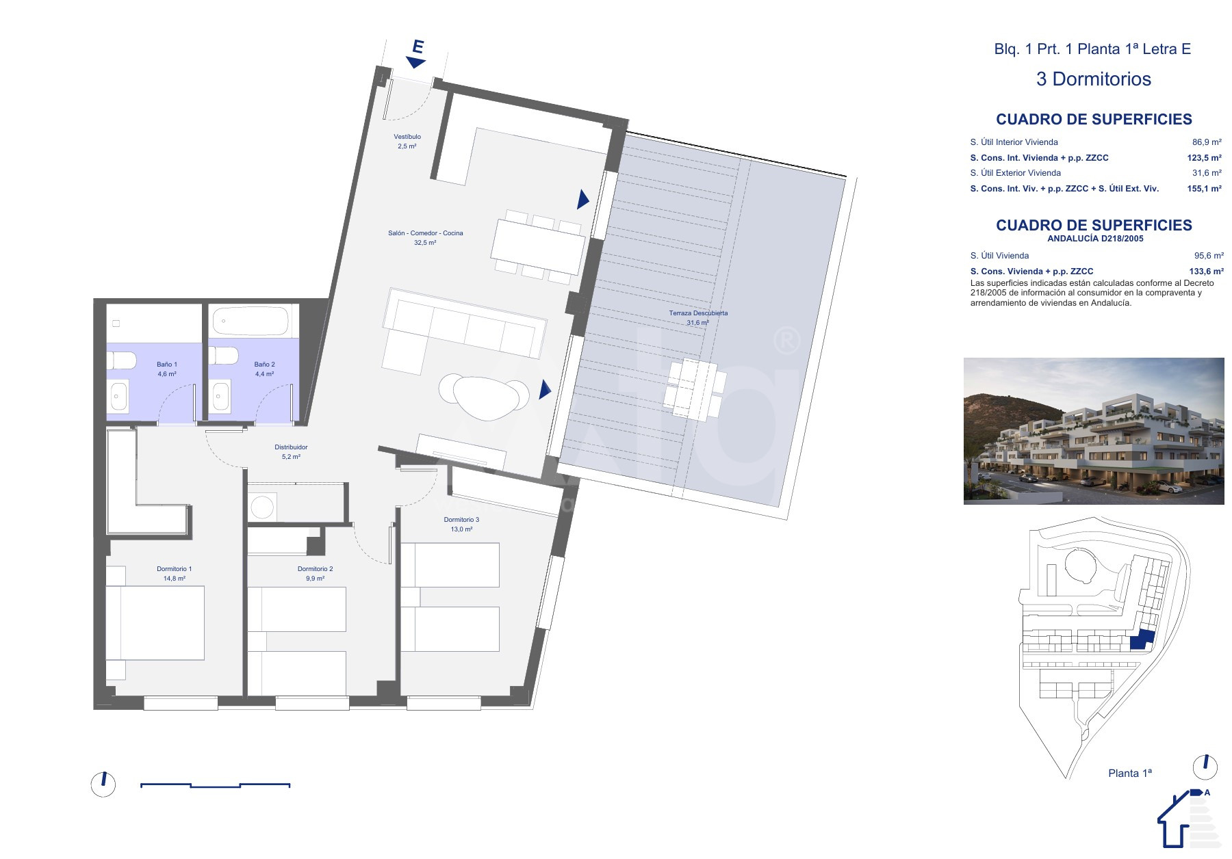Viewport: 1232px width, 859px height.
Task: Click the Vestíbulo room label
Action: point(407,137)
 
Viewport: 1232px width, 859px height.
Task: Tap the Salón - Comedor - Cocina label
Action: point(426,233)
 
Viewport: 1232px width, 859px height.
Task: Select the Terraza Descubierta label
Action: point(698,313)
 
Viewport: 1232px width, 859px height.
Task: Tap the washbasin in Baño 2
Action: point(220,397)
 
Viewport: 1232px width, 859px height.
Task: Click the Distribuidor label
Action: point(291,447)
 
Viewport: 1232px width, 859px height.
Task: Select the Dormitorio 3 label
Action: point(461,520)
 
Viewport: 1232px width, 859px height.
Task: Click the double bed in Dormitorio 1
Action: point(155,623)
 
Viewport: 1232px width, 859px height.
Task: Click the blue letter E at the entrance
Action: point(418,47)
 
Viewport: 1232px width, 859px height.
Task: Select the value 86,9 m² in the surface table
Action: point(1207,142)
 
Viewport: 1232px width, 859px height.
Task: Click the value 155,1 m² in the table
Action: point(1205,189)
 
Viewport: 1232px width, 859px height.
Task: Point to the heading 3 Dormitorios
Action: point(1093,79)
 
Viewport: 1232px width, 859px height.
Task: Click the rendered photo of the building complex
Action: point(1094,431)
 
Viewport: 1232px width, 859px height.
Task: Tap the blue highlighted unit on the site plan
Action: point(1142,640)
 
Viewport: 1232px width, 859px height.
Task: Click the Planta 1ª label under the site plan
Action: point(1129,773)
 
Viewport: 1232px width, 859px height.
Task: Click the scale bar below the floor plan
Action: point(215,785)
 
